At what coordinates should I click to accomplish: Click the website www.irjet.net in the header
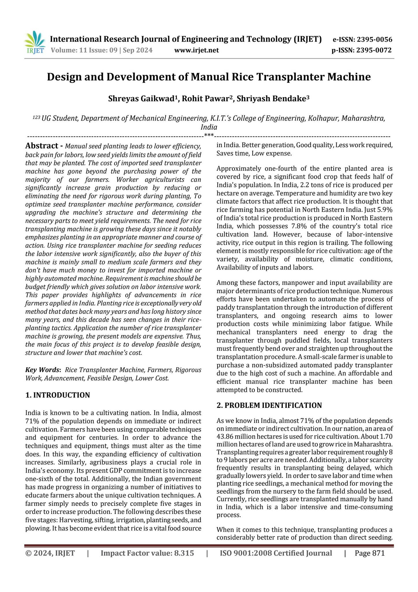tap(196, 51)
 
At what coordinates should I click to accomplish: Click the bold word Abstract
tap(42, 145)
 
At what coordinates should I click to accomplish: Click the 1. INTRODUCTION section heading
tap(57, 395)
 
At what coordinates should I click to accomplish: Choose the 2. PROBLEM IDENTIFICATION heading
tap(269, 405)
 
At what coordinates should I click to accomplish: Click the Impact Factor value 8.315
tap(184, 553)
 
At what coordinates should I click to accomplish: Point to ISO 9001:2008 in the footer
tap(246, 553)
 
